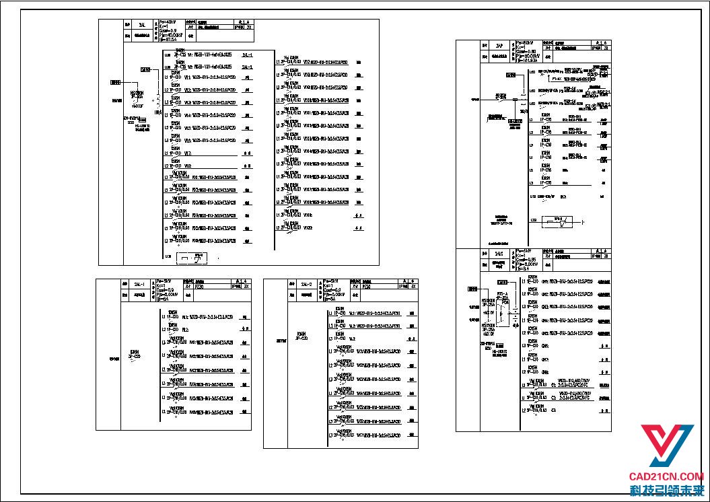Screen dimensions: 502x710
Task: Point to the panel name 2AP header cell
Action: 499,46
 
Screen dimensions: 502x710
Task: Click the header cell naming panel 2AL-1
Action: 139,284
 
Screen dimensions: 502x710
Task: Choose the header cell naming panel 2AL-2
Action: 307,284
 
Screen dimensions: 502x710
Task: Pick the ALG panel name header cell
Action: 499,254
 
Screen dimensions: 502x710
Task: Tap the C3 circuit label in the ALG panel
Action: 553,409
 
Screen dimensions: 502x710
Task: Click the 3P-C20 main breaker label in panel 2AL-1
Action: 135,354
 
